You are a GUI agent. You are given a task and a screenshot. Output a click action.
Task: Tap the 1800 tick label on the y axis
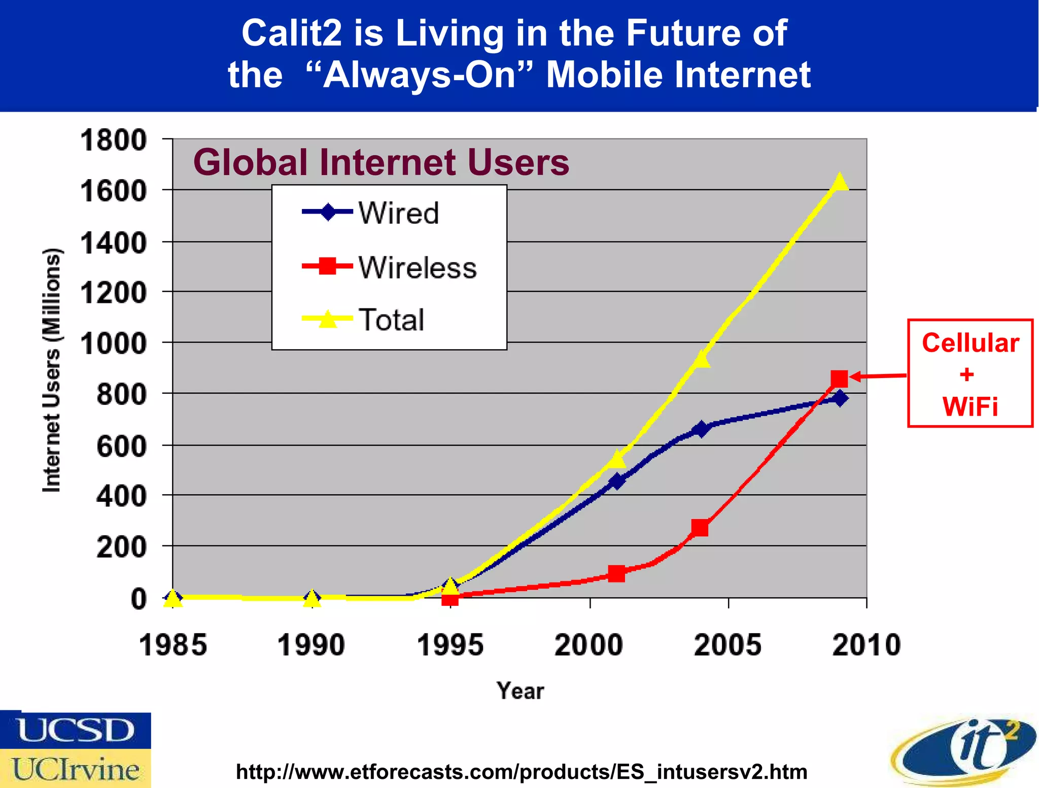pyautogui.click(x=113, y=141)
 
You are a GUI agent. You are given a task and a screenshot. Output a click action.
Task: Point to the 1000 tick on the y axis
pyautogui.click(x=113, y=344)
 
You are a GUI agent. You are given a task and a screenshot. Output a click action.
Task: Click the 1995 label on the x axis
pyautogui.click(x=450, y=645)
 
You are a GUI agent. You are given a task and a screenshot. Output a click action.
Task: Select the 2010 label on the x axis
pyautogui.click(x=866, y=645)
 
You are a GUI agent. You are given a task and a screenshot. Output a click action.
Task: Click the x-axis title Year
pyautogui.click(x=520, y=691)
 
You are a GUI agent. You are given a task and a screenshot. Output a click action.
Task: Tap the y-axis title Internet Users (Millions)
pyautogui.click(x=52, y=370)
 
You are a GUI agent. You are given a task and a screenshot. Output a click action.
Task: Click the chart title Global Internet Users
pyautogui.click(x=381, y=162)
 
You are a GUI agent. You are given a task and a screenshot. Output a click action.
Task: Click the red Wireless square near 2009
pyautogui.click(x=839, y=379)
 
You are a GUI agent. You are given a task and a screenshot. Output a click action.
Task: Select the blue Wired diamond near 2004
pyautogui.click(x=701, y=429)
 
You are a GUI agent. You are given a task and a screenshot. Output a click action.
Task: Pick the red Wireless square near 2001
pyautogui.click(x=616, y=573)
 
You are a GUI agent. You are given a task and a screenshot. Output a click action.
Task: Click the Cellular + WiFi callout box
pyautogui.click(x=970, y=373)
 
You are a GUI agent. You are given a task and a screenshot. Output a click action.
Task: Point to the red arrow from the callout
pyautogui.click(x=878, y=376)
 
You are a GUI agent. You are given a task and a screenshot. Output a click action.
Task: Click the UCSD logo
pyautogui.click(x=76, y=730)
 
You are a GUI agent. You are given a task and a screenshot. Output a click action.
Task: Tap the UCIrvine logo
pyautogui.click(x=76, y=769)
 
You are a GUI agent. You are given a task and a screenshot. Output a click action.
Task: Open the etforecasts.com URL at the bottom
pyautogui.click(x=522, y=772)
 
